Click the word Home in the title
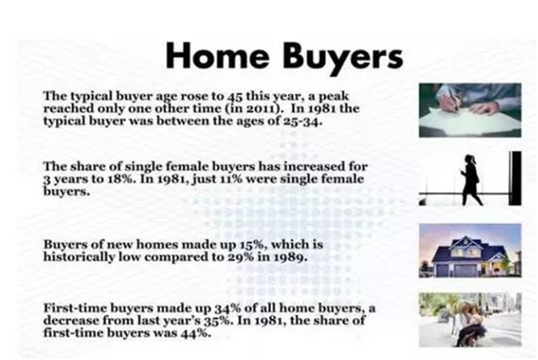(218, 56)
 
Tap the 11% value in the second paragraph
(231, 179)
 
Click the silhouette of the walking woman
(472, 180)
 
